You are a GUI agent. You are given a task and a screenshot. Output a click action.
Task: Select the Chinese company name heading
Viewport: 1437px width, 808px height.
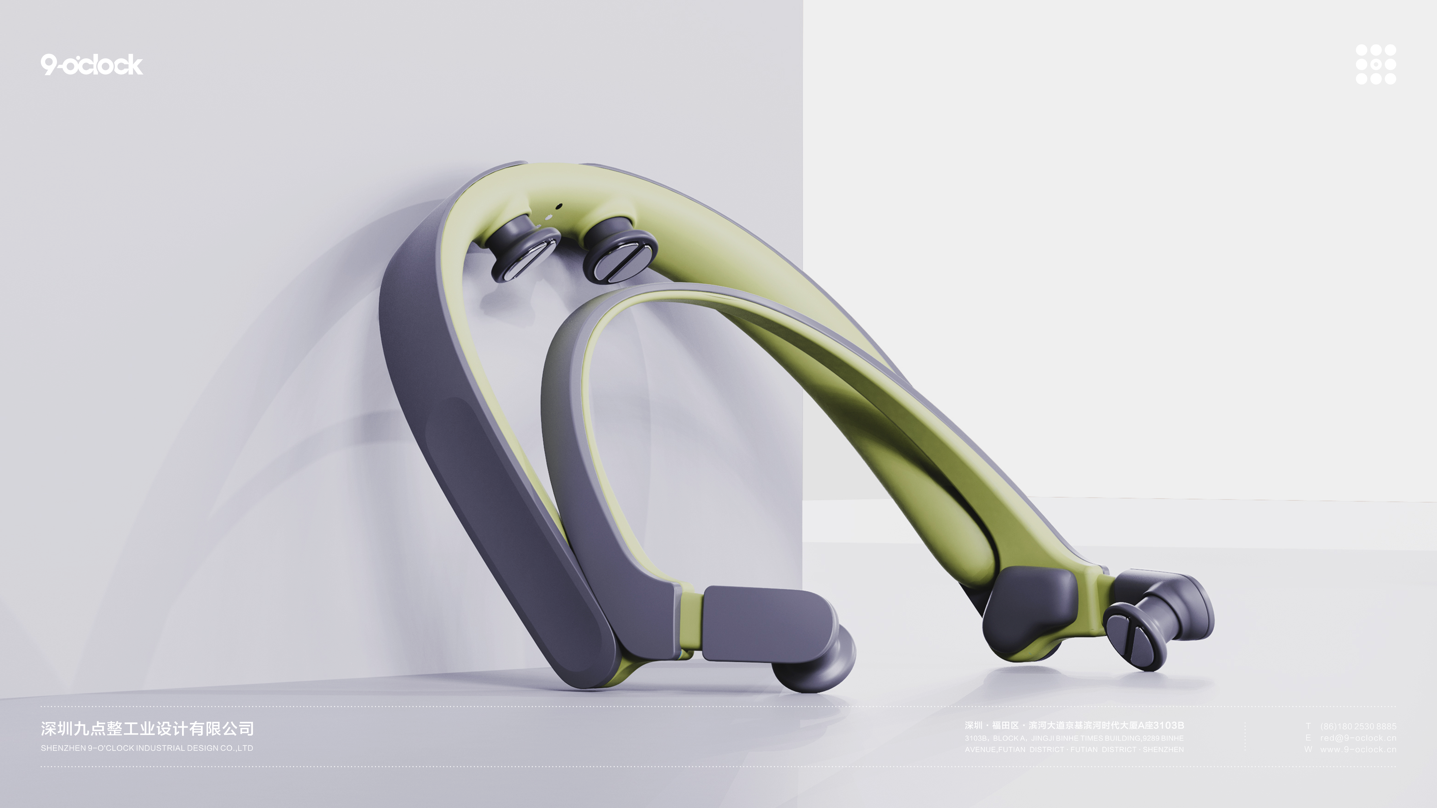147,728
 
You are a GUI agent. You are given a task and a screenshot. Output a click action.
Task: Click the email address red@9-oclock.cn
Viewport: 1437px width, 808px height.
1358,738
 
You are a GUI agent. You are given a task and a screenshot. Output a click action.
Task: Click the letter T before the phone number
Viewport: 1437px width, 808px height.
1308,726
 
